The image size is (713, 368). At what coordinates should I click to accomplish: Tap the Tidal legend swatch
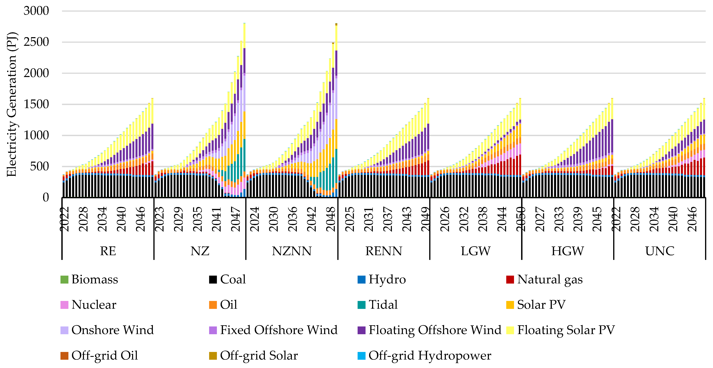(x=361, y=305)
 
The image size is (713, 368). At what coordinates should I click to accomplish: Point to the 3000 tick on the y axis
(x=36, y=11)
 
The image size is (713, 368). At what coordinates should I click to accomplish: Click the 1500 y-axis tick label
(x=36, y=104)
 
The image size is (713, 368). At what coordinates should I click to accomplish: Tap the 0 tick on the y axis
(x=46, y=198)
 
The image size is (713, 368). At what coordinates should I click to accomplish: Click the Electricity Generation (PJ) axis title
(x=12, y=104)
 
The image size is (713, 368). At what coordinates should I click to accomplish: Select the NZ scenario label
(x=200, y=251)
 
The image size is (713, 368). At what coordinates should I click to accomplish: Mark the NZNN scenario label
(x=292, y=251)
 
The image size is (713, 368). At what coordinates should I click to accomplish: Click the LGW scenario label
(x=476, y=251)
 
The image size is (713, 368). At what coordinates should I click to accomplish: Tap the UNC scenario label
(x=660, y=251)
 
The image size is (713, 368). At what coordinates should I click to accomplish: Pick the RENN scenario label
(x=384, y=251)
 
